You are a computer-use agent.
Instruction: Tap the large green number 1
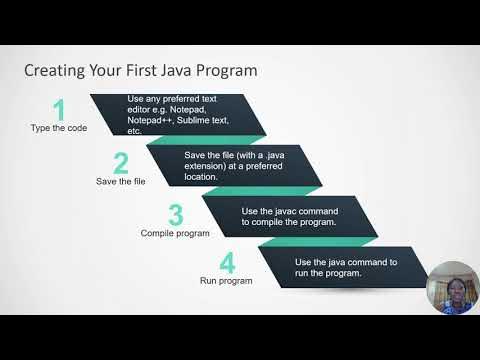pyautogui.click(x=59, y=109)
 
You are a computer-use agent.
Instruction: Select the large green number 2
pyautogui.click(x=120, y=163)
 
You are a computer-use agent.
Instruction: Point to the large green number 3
pyautogui.click(x=175, y=215)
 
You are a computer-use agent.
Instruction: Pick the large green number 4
pyautogui.click(x=227, y=264)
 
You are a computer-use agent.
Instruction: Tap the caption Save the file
pyautogui.click(x=120, y=182)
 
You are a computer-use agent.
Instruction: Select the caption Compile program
pyautogui.click(x=175, y=233)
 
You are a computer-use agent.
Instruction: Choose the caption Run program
pyautogui.click(x=225, y=281)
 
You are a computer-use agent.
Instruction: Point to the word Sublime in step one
pyautogui.click(x=203, y=120)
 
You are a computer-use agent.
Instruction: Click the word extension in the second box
pyautogui.click(x=209, y=165)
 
